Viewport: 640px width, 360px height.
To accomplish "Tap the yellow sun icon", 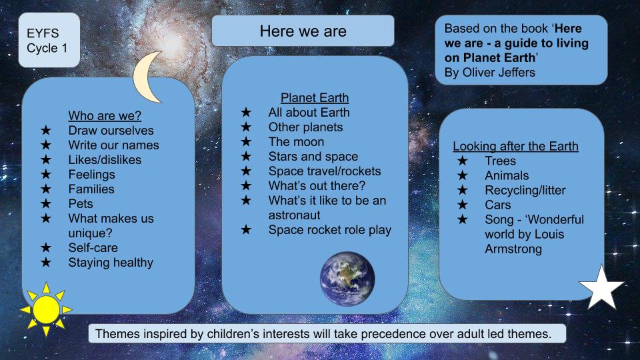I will [46, 309].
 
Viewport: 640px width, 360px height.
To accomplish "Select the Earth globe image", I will [347, 278].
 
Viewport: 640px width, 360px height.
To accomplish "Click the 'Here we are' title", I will [303, 31].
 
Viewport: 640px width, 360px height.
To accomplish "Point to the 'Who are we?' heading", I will [105, 116].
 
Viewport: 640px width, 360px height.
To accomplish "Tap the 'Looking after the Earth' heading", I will [515, 146].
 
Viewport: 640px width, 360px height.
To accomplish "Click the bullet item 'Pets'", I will [81, 204].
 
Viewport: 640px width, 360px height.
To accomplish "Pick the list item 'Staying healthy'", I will [111, 263].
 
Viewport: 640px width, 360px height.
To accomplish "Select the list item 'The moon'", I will [296, 142].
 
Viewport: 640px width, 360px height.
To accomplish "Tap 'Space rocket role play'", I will [329, 230].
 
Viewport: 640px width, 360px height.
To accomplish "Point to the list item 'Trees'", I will [500, 161].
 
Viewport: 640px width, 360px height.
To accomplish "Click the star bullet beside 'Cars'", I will [463, 205].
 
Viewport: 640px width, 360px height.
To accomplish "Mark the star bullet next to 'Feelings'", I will [45, 175].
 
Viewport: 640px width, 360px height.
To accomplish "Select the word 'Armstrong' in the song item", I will [513, 249].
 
